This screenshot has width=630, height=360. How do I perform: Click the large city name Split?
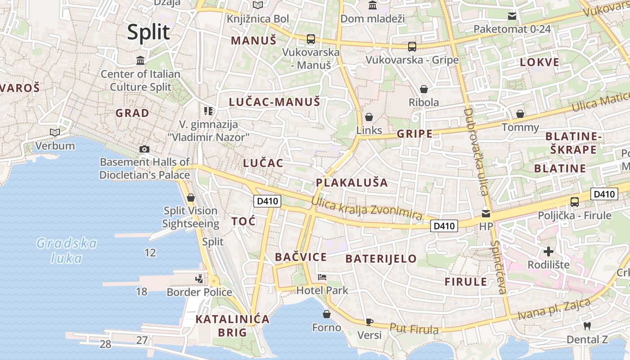[148, 32]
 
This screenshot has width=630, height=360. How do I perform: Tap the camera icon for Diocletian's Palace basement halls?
[144, 149]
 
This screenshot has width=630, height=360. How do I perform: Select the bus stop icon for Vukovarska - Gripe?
[412, 46]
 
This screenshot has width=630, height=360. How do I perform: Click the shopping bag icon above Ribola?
[423, 89]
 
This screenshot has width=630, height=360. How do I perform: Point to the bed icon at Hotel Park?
[322, 277]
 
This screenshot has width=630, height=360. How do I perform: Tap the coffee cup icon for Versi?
[369, 321]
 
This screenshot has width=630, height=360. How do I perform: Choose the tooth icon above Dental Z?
[587, 326]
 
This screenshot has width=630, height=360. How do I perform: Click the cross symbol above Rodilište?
[548, 252]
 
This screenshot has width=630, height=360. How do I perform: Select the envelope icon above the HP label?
[486, 214]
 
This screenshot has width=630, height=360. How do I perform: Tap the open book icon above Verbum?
[55, 132]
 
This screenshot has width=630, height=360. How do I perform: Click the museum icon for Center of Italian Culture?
[140, 60]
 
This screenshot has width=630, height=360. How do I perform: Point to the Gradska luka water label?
[67, 251]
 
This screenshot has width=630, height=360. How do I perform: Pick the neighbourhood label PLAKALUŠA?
[351, 182]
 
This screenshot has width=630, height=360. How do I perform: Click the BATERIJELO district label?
[381, 259]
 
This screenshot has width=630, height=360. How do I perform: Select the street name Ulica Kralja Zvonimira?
[366, 210]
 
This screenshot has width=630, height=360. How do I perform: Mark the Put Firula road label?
[414, 329]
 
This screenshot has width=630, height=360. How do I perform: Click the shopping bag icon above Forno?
[327, 314]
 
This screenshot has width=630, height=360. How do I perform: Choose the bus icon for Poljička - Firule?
[574, 202]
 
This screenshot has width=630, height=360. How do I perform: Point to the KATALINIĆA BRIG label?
[232, 326]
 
